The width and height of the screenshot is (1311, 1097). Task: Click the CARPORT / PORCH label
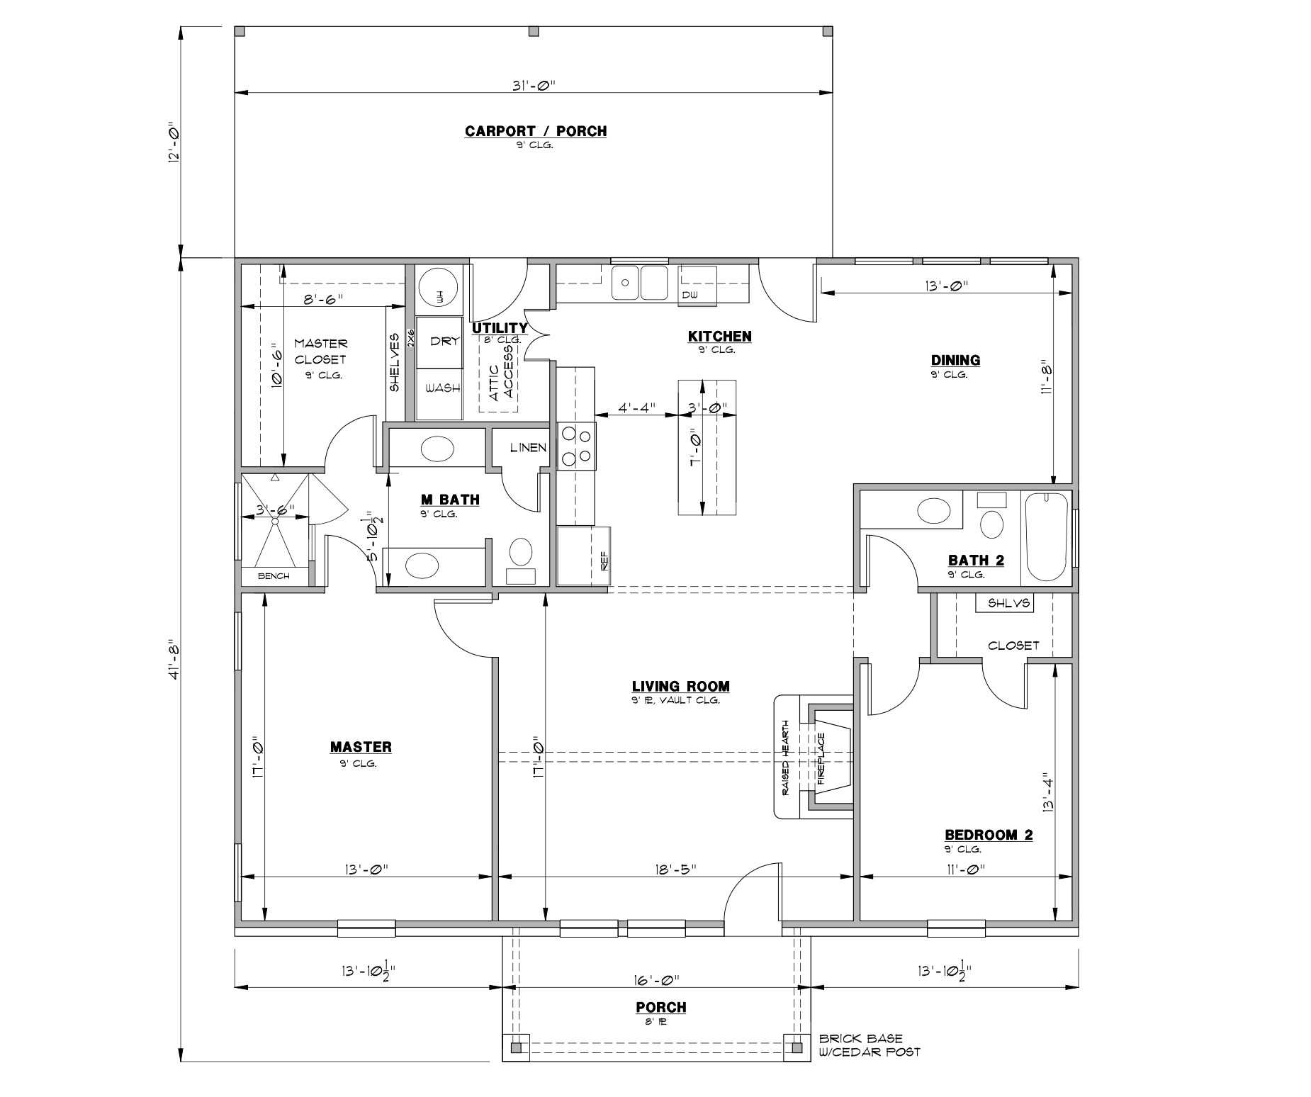[535, 131]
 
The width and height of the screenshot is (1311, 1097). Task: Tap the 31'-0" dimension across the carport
[533, 86]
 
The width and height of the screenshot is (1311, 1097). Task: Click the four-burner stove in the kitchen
[576, 446]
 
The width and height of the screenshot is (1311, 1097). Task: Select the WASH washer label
[442, 388]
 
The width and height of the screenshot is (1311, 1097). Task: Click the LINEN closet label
[528, 448]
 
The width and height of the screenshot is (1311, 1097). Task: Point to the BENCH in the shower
[274, 576]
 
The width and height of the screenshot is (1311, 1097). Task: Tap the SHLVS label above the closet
[1004, 603]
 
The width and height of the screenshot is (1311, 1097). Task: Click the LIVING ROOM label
[680, 686]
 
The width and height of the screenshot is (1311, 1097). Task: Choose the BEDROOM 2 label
[989, 835]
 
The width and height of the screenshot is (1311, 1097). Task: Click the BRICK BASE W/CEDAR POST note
[869, 1045]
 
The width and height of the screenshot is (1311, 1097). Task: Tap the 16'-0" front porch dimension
[657, 979]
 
